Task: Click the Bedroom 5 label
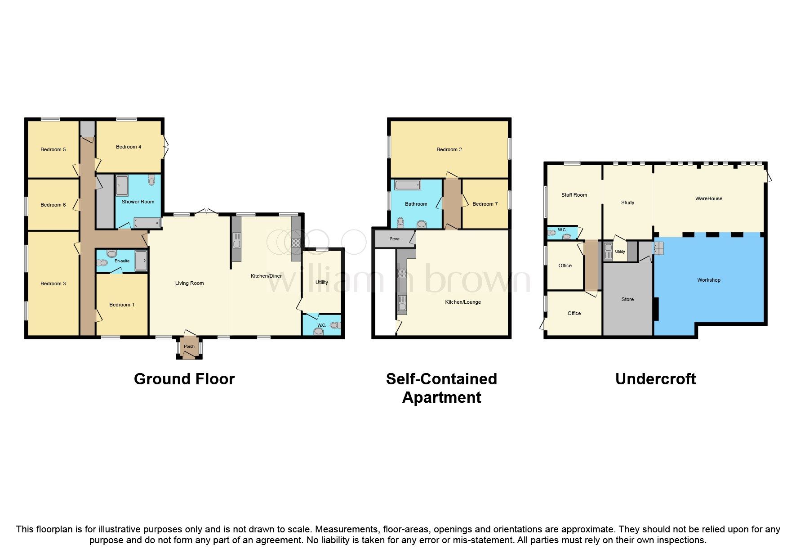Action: click(x=53, y=149)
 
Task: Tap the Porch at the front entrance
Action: click(x=189, y=346)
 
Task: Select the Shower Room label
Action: click(x=138, y=202)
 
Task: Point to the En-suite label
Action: click(x=122, y=261)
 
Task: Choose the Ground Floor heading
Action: click(x=184, y=379)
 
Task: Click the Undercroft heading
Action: click(x=655, y=379)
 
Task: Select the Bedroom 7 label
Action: click(x=485, y=204)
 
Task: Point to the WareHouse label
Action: click(x=709, y=198)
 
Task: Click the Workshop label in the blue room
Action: click(x=709, y=280)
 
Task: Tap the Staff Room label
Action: click(x=574, y=195)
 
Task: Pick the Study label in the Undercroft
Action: click(x=627, y=202)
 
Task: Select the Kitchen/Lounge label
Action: click(x=463, y=302)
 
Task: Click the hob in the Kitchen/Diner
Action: click(x=296, y=243)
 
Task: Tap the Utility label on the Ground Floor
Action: click(x=322, y=282)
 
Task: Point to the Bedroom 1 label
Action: click(x=122, y=305)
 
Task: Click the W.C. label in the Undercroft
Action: click(x=562, y=230)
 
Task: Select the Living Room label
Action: click(x=189, y=283)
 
